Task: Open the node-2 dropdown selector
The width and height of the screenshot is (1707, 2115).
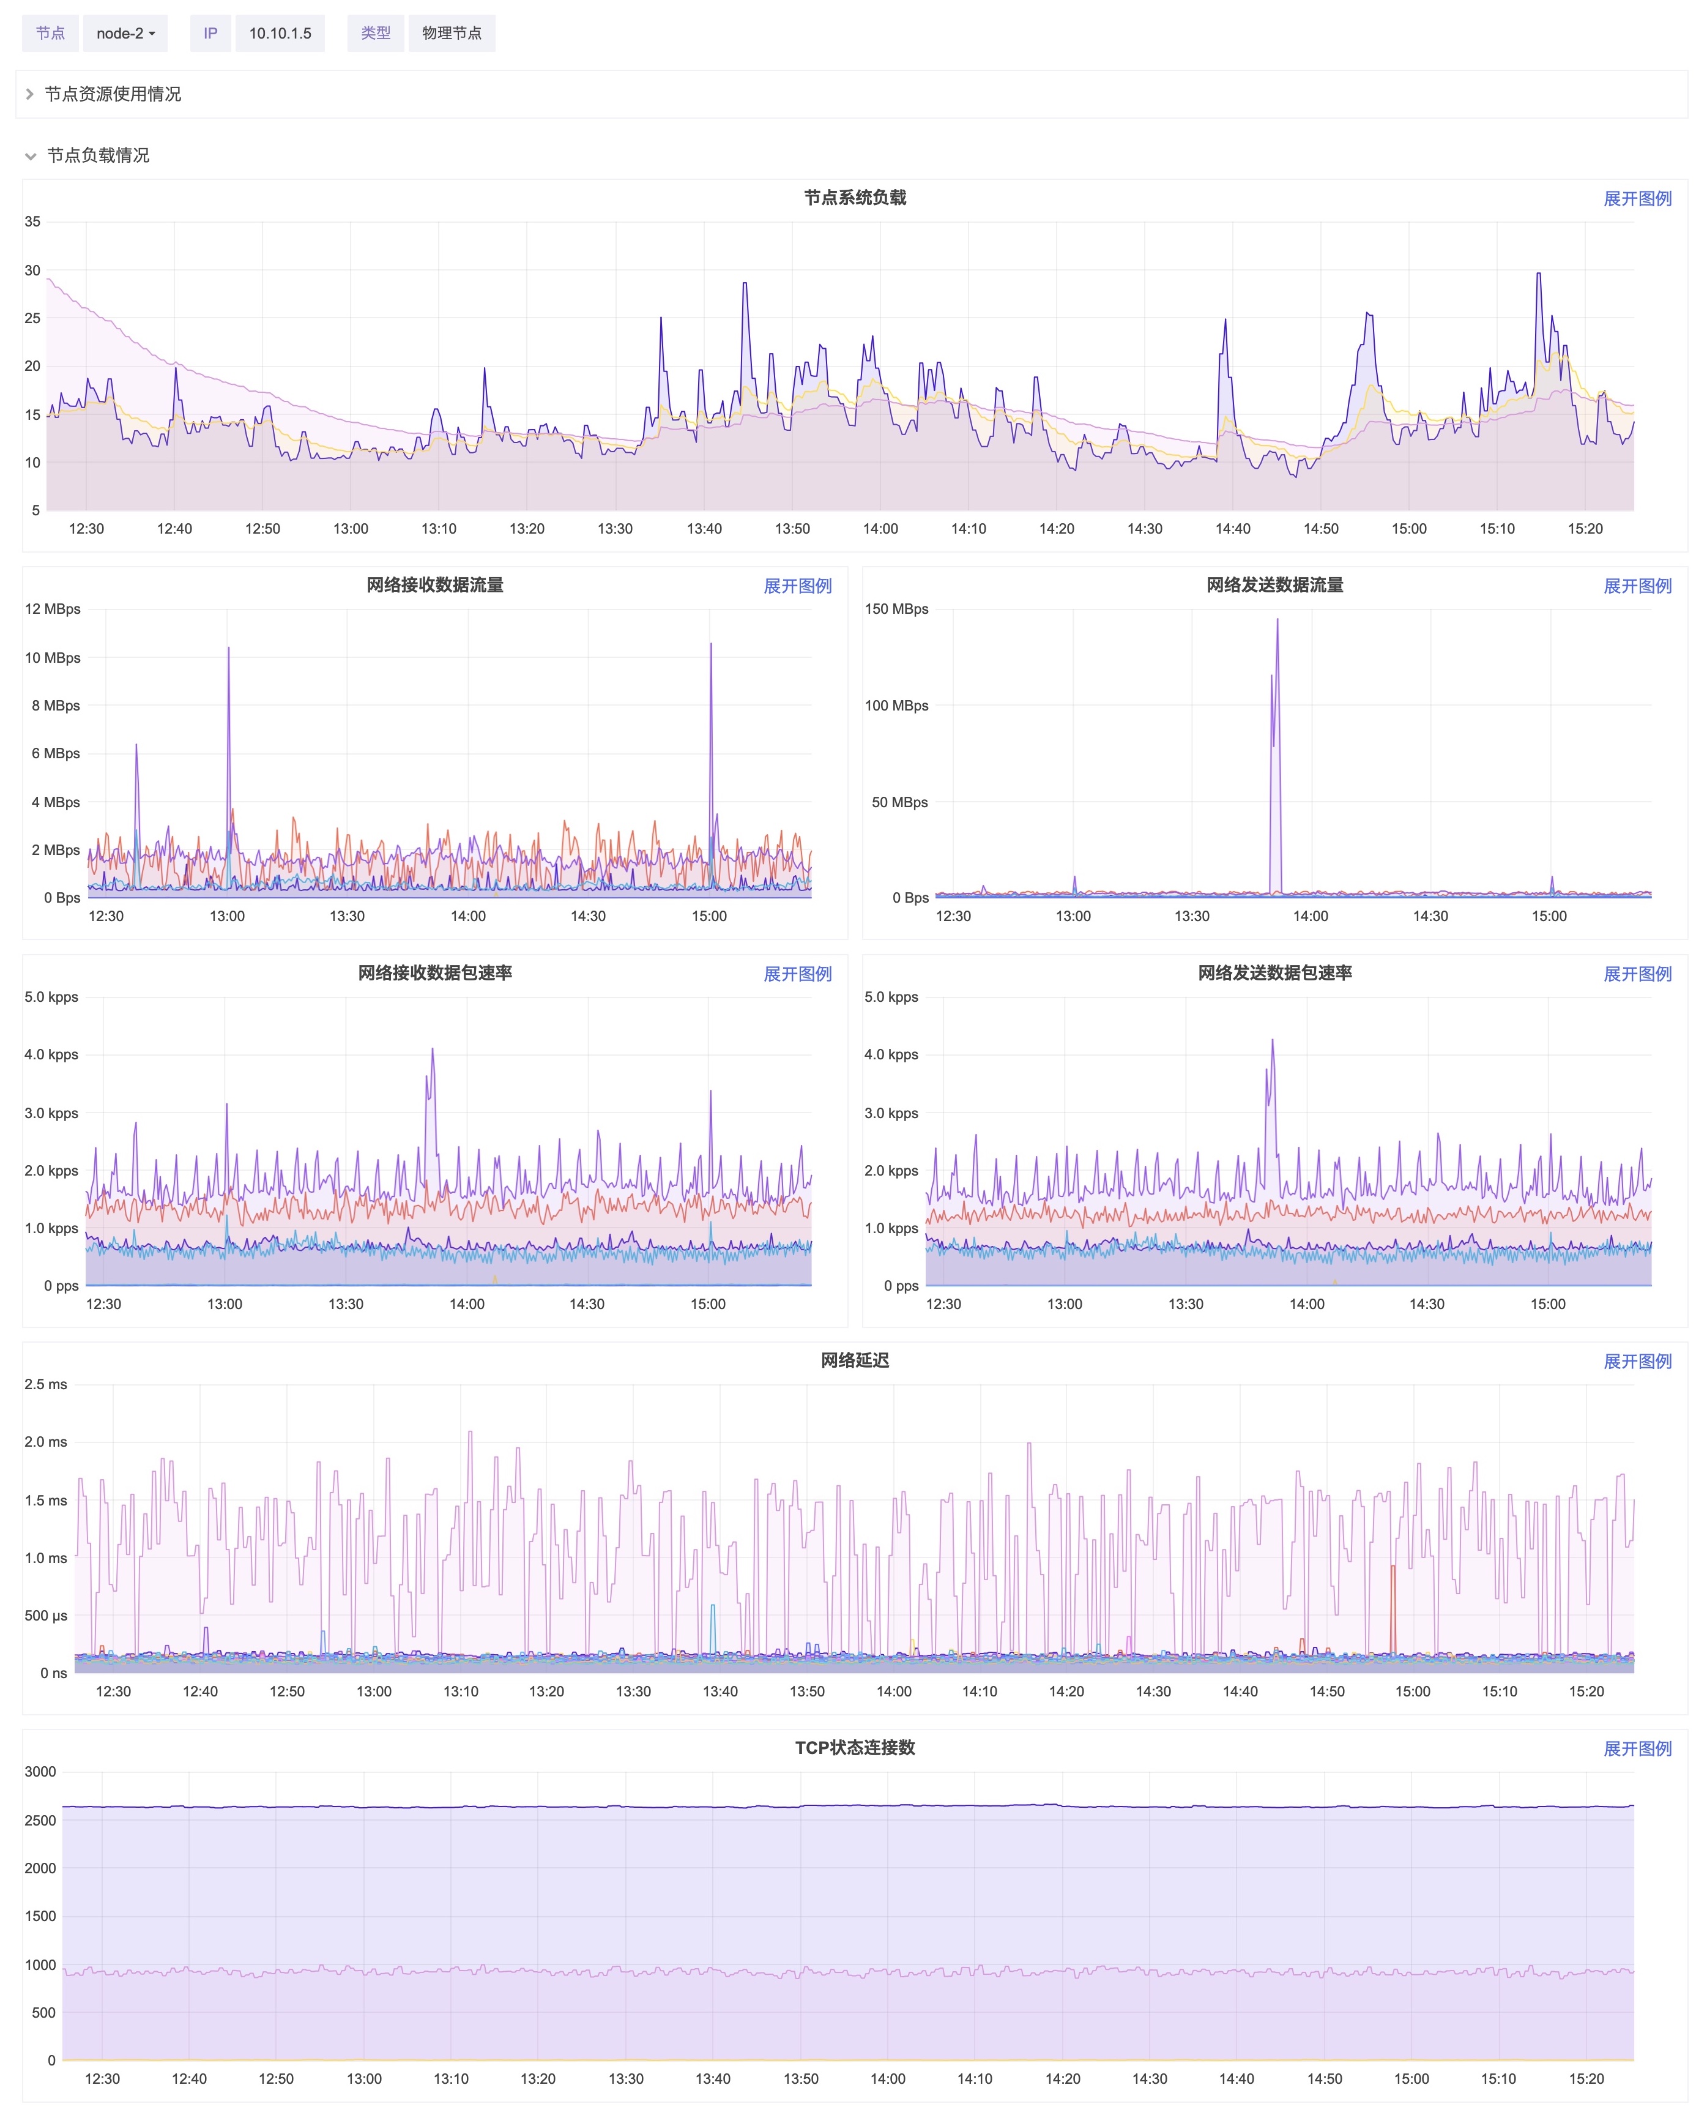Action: coord(125,34)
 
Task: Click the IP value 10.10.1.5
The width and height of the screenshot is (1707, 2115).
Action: coord(280,34)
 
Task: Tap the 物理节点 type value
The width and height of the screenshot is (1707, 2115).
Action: coord(452,34)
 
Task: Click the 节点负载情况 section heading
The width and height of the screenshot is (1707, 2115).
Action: coord(99,155)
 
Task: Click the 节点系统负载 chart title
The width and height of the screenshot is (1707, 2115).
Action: coord(855,198)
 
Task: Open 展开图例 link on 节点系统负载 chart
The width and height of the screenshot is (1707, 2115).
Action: coord(1637,199)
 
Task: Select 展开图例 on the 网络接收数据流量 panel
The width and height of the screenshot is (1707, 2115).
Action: coord(797,586)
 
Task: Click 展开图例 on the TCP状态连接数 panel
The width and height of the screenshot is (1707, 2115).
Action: coord(1637,1748)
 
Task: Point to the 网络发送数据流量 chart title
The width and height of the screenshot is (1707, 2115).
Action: coord(1274,585)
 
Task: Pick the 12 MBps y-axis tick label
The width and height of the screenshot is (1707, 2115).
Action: coord(53,609)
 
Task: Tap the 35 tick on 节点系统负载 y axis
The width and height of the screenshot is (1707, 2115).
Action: coord(32,222)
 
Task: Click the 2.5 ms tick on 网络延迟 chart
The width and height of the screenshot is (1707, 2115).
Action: coord(46,1384)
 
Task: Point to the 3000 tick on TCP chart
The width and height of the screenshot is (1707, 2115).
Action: coord(40,1772)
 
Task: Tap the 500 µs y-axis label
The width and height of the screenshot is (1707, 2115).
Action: coord(46,1616)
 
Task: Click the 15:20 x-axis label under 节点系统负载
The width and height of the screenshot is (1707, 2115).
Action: coord(1585,529)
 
